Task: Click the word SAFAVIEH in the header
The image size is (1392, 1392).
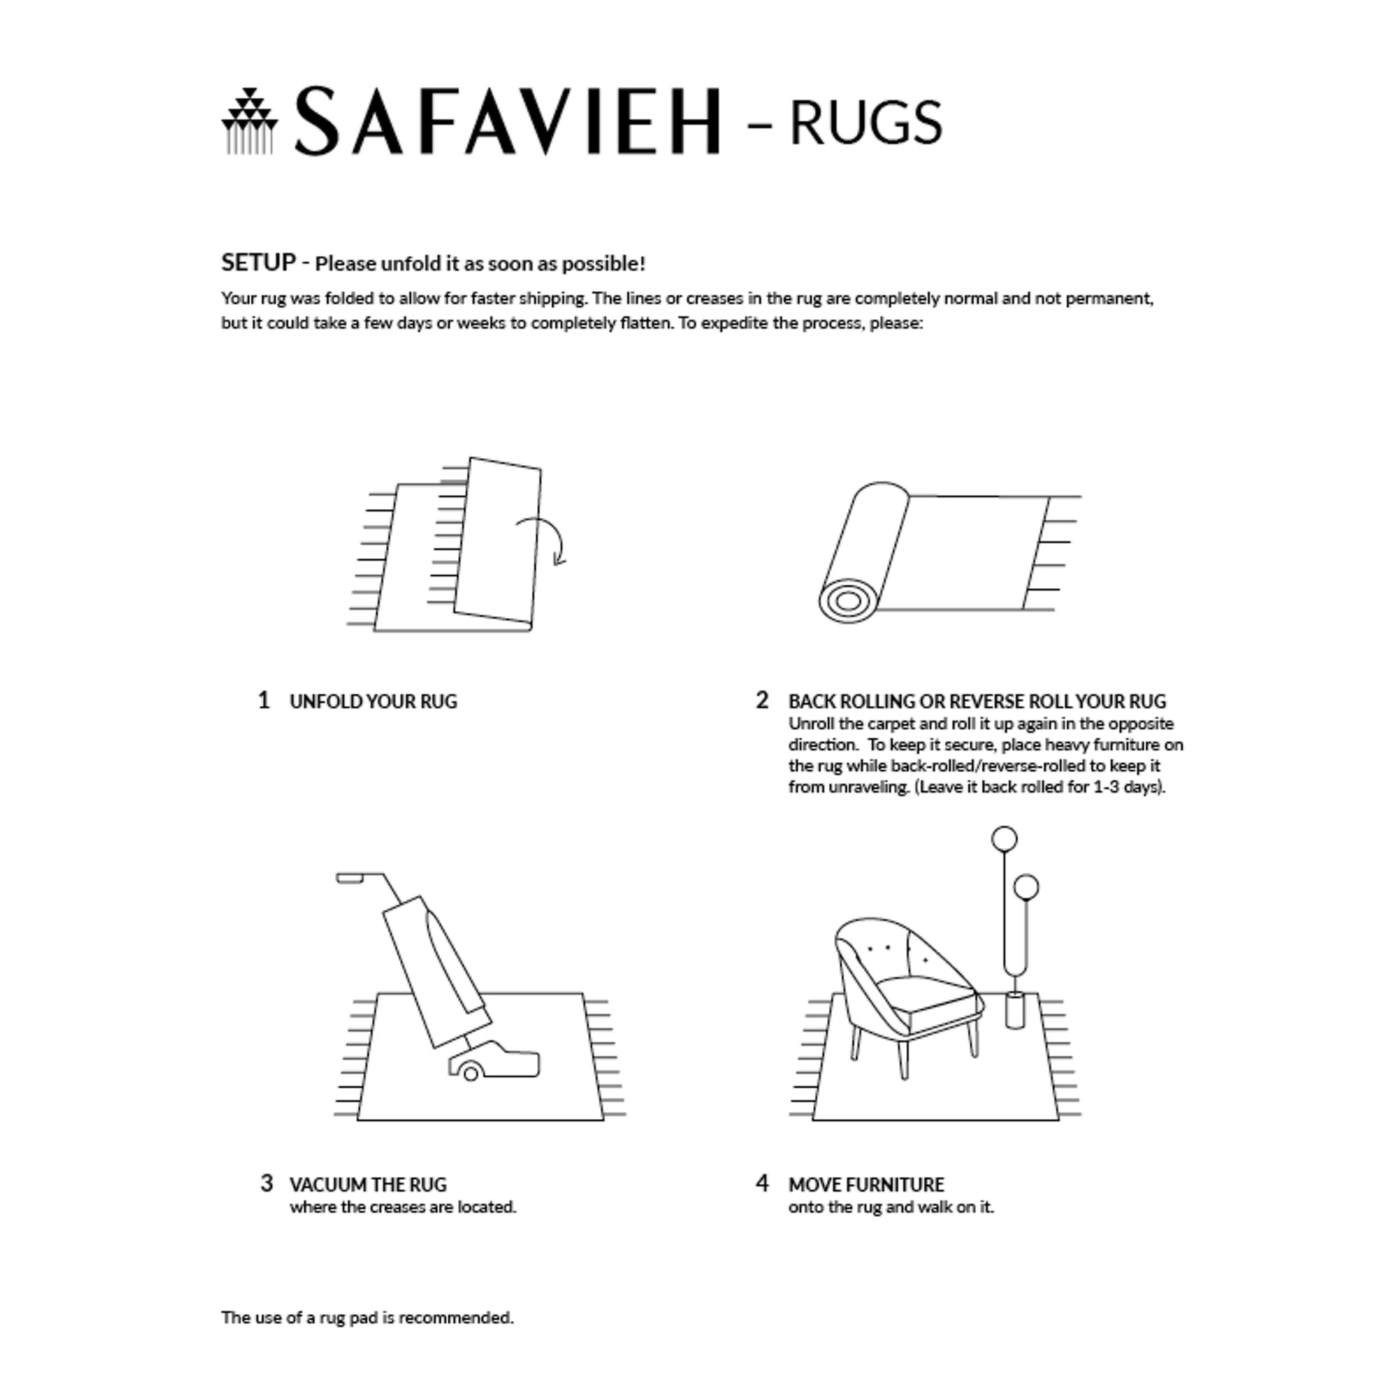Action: (506, 121)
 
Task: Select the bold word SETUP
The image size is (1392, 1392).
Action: (258, 262)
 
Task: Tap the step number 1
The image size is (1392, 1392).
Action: (264, 700)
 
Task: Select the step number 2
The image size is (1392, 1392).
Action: (762, 700)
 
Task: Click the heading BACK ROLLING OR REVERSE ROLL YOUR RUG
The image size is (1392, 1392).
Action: (976, 701)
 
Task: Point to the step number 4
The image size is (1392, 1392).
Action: (762, 1183)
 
